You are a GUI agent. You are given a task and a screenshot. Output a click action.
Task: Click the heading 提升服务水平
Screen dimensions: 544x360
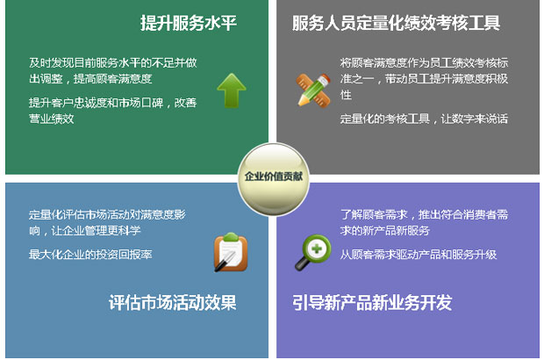coord(189,23)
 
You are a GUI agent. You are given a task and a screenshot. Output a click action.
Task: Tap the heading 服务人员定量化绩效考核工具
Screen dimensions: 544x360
coord(396,23)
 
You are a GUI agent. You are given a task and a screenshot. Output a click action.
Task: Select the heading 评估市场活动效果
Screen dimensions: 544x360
coord(173,302)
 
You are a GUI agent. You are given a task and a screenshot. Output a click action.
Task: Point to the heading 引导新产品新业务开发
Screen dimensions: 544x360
coord(372,302)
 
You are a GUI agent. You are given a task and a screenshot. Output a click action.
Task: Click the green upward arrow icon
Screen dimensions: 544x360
coord(232,90)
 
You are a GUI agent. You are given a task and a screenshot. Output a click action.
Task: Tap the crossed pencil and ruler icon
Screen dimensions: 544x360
coord(313,90)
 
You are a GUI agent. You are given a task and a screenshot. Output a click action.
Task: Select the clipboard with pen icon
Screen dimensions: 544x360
coord(231,252)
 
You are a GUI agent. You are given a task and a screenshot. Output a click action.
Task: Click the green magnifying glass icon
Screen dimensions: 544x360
coord(313,252)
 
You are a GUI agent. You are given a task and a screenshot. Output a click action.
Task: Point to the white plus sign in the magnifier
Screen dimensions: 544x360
coord(317,248)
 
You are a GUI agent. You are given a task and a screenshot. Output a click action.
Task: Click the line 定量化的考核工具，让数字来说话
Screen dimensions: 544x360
coord(424,119)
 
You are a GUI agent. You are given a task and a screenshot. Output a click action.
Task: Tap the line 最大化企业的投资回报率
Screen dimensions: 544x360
coord(90,255)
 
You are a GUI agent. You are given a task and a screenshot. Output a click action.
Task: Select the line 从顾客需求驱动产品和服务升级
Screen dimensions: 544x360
coord(419,255)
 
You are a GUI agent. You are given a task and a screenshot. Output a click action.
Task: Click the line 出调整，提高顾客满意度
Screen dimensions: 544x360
coord(90,79)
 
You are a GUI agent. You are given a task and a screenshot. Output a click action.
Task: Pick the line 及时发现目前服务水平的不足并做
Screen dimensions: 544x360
coord(113,63)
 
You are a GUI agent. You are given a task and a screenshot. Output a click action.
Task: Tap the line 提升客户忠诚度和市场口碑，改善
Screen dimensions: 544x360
coord(113,103)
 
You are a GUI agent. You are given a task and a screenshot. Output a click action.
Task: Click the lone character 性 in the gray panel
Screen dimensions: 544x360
coord(346,95)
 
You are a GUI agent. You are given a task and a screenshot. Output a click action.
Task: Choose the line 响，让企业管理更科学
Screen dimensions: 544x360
coord(85,231)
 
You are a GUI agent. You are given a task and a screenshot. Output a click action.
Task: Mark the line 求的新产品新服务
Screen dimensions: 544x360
coord(385,231)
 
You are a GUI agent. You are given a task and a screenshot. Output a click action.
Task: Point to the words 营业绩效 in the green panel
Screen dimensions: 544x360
coord(52,119)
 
